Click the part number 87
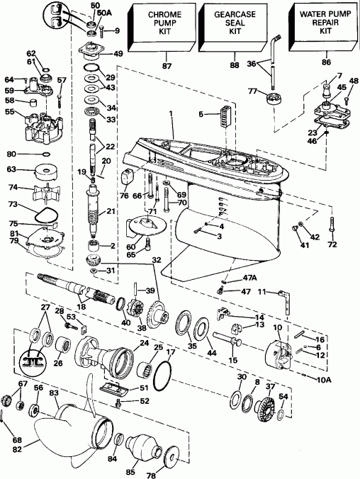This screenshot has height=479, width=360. coord(167,66)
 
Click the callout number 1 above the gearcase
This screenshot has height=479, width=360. coord(171,113)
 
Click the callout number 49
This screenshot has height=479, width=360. coord(118,53)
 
